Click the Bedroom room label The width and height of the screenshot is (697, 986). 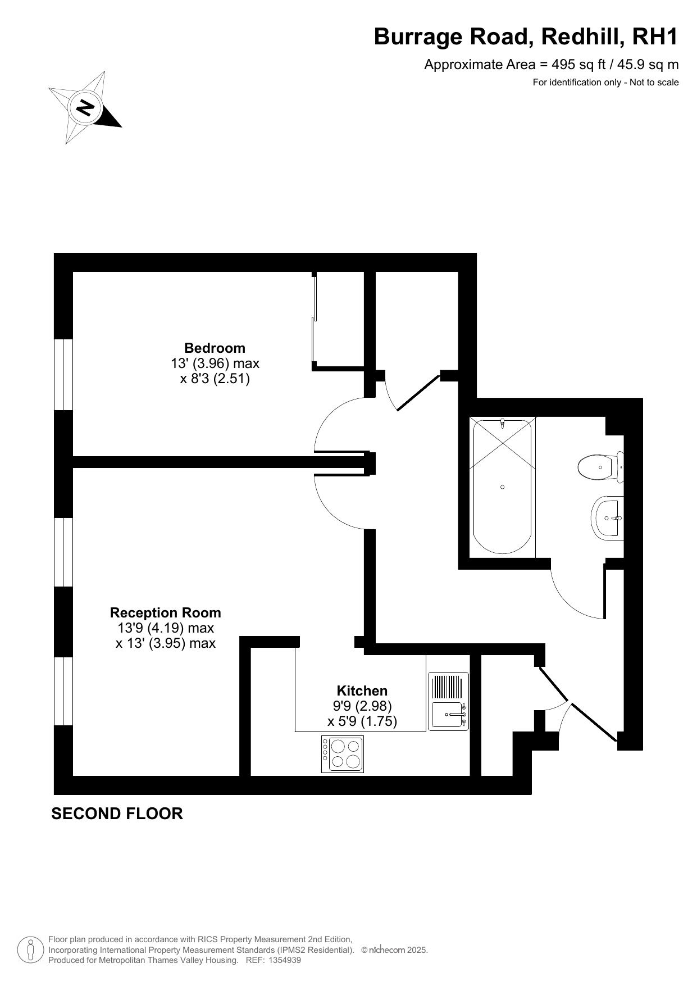click(x=215, y=348)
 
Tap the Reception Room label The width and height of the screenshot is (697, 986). click(x=166, y=612)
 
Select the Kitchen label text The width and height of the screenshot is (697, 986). click(x=362, y=690)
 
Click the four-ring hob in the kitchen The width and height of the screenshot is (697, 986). click(x=343, y=754)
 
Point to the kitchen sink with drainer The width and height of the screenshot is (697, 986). click(x=448, y=701)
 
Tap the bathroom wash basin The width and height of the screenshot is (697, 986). click(x=607, y=518)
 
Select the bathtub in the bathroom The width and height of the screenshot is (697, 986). click(x=502, y=487)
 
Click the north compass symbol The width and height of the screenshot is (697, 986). click(x=85, y=107)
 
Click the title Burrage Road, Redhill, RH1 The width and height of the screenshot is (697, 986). click(x=526, y=37)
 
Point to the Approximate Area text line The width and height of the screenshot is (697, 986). click(x=551, y=65)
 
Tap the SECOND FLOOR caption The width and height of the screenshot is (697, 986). click(x=117, y=814)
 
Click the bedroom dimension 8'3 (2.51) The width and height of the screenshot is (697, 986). click(x=215, y=379)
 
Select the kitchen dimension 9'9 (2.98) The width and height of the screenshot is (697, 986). click(x=362, y=706)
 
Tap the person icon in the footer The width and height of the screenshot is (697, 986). click(x=31, y=950)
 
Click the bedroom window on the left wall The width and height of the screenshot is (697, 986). click(x=63, y=374)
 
